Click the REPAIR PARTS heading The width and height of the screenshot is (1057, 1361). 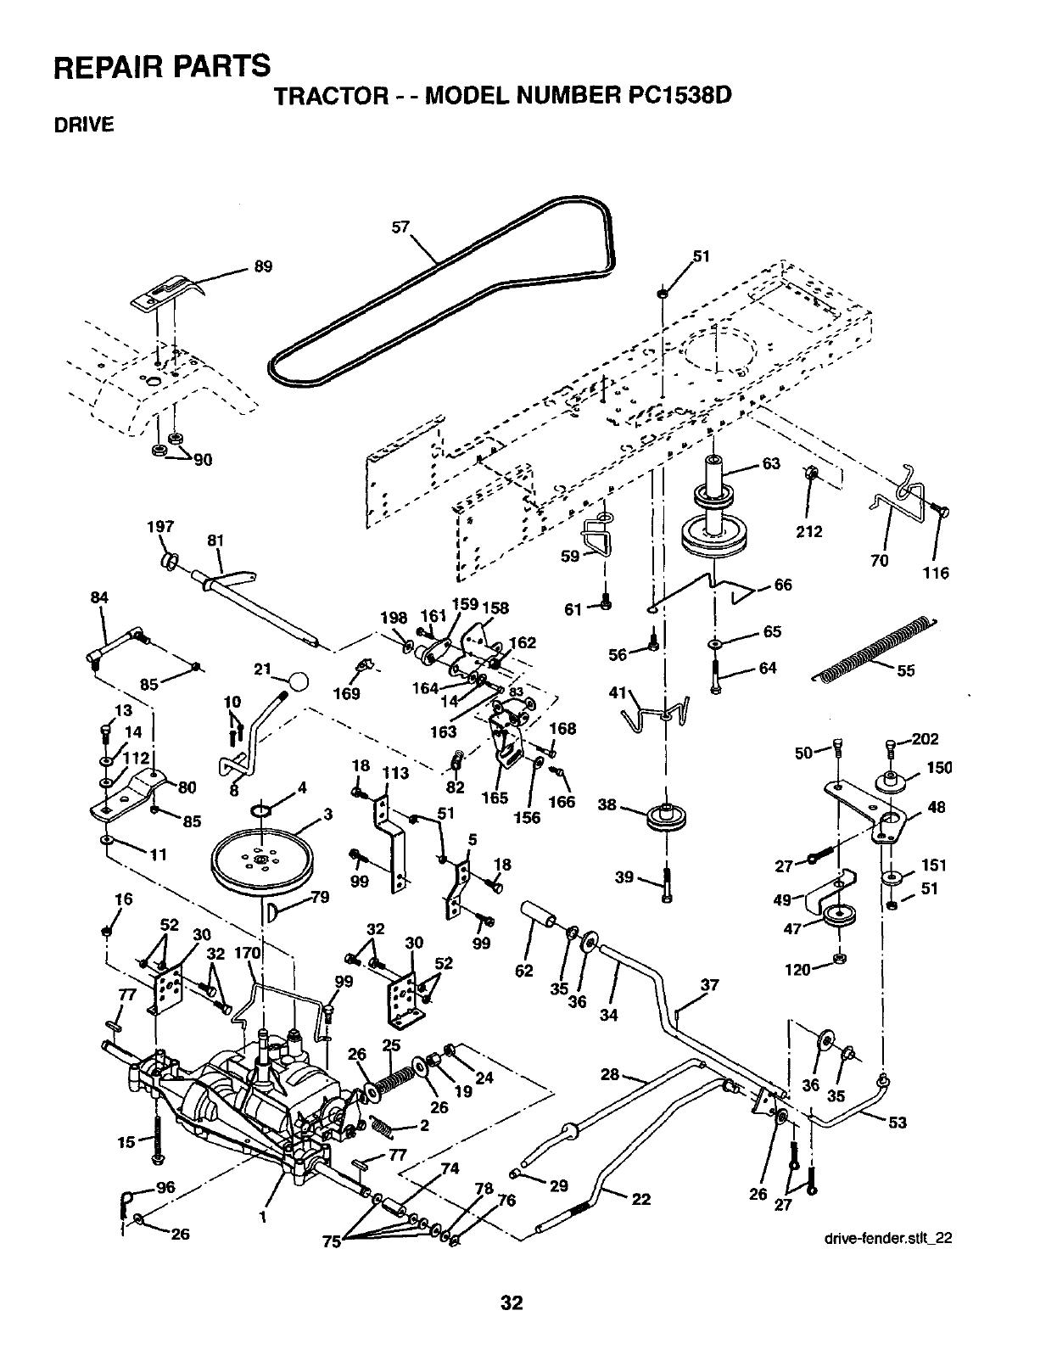click(164, 65)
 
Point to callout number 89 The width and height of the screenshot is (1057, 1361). click(263, 266)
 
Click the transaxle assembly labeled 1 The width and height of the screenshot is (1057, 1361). click(246, 1103)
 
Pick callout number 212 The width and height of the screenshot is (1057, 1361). click(809, 532)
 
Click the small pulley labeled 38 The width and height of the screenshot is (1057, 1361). click(666, 817)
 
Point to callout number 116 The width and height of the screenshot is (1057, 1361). click(936, 573)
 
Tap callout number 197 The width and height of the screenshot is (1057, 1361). click(160, 527)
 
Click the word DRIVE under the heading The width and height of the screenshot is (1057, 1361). click(83, 126)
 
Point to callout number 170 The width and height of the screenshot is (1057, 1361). click(247, 953)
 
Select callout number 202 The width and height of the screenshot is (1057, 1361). click(926, 738)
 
